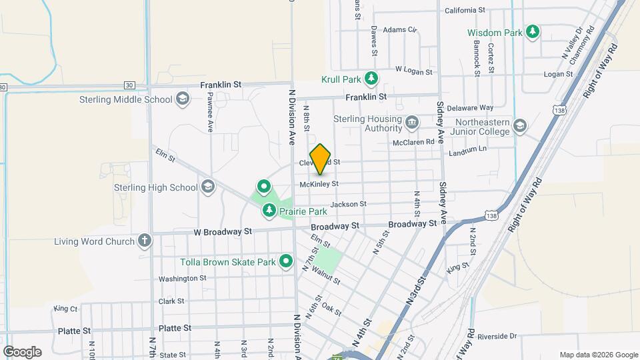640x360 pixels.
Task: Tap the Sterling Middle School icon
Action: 182,100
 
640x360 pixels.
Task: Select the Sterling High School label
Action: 156,187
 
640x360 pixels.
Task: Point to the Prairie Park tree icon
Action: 269,211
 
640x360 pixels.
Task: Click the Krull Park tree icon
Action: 371,79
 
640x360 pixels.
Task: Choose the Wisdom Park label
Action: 494,32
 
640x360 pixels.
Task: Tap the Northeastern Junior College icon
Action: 519,126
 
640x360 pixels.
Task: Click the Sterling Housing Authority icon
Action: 412,121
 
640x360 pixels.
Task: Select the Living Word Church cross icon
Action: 145,241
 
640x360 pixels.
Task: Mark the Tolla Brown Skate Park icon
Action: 287,261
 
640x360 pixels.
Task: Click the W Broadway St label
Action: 223,231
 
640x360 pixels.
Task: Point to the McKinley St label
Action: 319,183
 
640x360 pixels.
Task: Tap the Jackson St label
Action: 347,204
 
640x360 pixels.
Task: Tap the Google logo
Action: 22,352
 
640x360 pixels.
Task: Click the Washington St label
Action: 182,279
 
